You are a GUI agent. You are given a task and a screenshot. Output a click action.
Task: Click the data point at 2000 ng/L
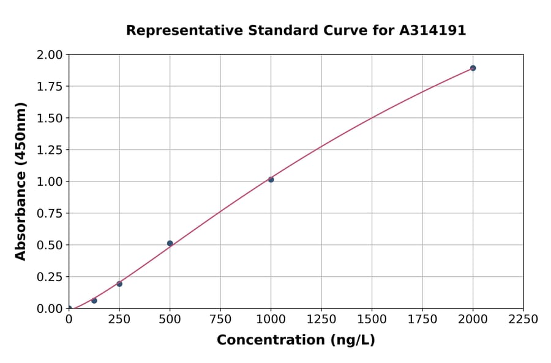click(x=473, y=68)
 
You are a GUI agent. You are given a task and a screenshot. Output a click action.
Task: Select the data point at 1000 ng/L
click(x=271, y=179)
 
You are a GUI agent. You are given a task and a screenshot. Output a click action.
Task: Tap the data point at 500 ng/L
click(x=170, y=243)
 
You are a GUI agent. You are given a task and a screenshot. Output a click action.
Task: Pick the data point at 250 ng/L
click(x=119, y=284)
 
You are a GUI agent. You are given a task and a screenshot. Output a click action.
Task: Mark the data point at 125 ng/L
click(x=94, y=301)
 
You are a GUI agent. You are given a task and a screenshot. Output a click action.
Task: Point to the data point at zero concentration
click(x=69, y=309)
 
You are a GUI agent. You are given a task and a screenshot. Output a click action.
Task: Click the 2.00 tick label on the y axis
click(x=50, y=55)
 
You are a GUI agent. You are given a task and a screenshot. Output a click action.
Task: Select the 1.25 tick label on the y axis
click(x=50, y=150)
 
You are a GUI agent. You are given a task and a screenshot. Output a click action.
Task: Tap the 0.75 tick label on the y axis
click(x=50, y=213)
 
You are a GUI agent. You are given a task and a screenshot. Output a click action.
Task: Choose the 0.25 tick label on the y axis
click(x=50, y=277)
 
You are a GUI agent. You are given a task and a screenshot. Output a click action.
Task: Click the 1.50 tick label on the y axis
click(x=50, y=118)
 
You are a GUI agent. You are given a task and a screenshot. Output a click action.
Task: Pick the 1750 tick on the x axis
click(x=422, y=320)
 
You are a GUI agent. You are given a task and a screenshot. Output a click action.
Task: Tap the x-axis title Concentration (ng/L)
click(x=296, y=340)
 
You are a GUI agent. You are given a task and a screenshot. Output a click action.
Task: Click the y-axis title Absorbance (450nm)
click(x=21, y=182)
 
